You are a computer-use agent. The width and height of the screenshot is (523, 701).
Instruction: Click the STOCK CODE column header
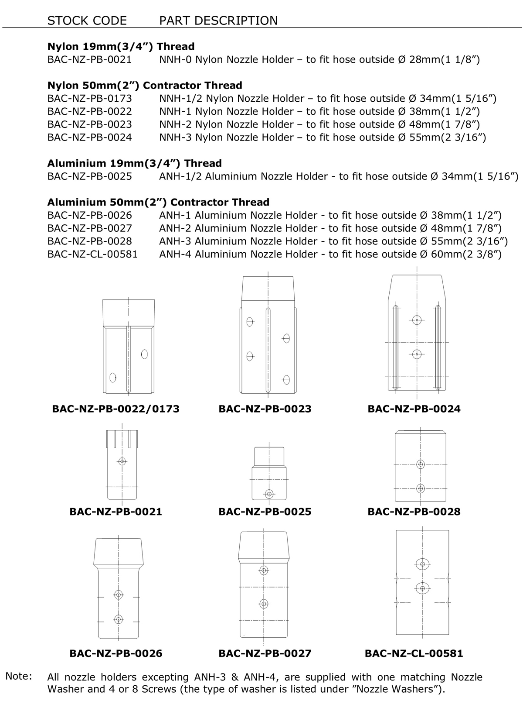pos(87,21)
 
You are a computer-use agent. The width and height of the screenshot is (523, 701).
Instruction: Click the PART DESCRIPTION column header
pos(218,21)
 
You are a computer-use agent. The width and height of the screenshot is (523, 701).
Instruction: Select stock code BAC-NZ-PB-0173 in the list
pos(89,99)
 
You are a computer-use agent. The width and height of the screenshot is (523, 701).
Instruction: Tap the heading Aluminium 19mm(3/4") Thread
pos(134,163)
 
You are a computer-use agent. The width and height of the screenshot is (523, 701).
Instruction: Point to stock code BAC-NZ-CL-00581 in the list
pos(92,254)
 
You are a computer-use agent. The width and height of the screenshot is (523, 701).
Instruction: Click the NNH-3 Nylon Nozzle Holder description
pos(323,137)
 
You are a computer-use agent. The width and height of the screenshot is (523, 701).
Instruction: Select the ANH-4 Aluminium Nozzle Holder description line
pos(330,254)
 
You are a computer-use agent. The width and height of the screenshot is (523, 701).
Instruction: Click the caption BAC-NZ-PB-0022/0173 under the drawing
pos(115,409)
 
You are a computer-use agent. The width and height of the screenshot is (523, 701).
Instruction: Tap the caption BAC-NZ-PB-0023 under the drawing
pos(265,409)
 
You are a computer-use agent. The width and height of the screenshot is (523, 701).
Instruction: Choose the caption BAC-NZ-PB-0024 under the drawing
pos(414,409)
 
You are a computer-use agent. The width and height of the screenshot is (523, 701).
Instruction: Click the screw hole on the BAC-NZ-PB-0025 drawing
pos(269,494)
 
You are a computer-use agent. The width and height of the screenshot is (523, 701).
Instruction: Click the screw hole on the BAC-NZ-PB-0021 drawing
pos(122,461)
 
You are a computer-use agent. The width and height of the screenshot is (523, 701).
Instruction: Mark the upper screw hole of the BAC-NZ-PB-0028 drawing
pos(421,464)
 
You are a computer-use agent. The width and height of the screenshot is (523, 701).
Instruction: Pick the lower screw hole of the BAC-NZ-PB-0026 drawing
pos(118,619)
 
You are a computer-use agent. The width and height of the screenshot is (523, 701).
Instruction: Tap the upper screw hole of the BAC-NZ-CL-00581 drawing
pos(422,564)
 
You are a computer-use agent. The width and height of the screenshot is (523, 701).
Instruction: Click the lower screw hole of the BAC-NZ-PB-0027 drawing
pos(263,604)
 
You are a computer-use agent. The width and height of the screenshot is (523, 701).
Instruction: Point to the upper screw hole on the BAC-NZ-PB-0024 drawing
pos(417,320)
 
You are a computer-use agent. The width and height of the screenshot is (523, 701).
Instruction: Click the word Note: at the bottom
pos(19,677)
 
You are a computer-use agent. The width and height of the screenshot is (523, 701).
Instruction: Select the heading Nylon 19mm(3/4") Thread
pos(121,47)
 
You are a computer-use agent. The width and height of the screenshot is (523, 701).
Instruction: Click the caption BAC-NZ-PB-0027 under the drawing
pos(265,653)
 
